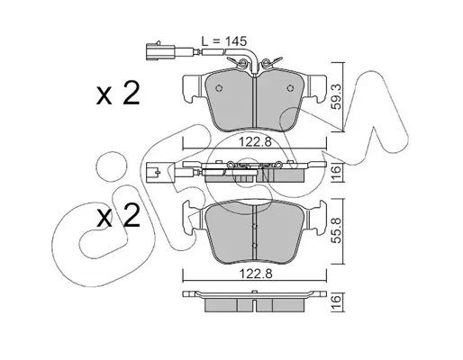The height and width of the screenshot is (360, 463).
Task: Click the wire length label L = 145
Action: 223,41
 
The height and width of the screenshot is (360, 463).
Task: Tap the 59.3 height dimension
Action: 337,96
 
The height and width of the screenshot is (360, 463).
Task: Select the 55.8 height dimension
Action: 337,230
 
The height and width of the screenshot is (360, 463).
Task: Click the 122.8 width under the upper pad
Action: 255,141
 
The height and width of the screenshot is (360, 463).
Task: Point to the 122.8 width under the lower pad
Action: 255,274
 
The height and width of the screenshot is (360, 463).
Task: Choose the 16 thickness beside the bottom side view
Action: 337,299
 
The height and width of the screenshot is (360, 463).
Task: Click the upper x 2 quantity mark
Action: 118,94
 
